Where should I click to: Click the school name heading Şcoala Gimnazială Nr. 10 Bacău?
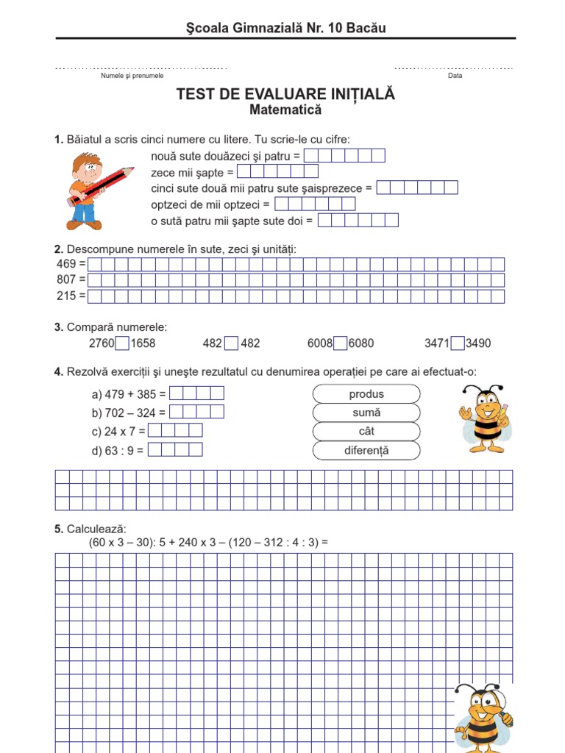tap(285, 28)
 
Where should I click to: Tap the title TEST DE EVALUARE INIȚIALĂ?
tap(285, 94)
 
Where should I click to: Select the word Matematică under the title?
tap(285, 110)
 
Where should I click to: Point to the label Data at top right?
tap(455, 76)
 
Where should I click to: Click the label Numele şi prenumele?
tap(132, 76)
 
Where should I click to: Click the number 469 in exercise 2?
tap(66, 264)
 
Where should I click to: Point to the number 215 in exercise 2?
tap(66, 296)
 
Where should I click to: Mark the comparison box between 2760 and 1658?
tap(123, 343)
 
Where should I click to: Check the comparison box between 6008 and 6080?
tap(340, 343)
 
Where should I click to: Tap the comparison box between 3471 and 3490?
tap(458, 343)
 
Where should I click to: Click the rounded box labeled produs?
tap(366, 394)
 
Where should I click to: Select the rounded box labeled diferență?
tap(366, 450)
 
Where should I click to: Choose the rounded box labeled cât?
tap(366, 432)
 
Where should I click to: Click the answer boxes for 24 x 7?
tap(175, 431)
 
